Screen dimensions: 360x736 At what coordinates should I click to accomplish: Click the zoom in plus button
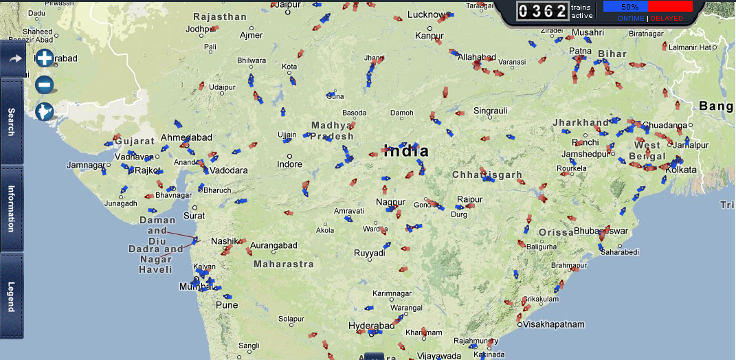(x=45, y=58)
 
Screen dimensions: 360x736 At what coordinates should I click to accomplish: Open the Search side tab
(x=12, y=121)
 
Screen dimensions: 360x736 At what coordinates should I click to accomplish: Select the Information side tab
(x=12, y=208)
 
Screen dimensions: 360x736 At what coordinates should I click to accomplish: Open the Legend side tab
(x=12, y=296)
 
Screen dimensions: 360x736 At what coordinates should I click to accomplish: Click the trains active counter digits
(x=542, y=11)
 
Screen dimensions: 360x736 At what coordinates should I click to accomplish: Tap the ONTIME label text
(x=631, y=19)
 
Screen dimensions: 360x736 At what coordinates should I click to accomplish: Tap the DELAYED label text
(x=667, y=19)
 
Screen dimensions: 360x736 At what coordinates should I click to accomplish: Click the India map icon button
(x=45, y=111)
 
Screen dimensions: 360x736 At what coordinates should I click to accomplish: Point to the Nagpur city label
(x=390, y=202)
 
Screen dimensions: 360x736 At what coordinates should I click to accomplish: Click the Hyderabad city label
(x=372, y=325)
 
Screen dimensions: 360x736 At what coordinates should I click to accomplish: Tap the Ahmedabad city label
(x=186, y=137)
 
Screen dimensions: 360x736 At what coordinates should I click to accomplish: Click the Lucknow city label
(x=427, y=14)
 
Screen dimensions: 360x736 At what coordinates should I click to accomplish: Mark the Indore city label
(x=289, y=164)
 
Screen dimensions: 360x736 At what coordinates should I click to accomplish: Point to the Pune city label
(x=227, y=305)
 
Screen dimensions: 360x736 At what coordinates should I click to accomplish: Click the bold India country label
(x=406, y=151)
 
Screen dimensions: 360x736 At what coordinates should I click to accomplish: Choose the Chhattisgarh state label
(x=487, y=175)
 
